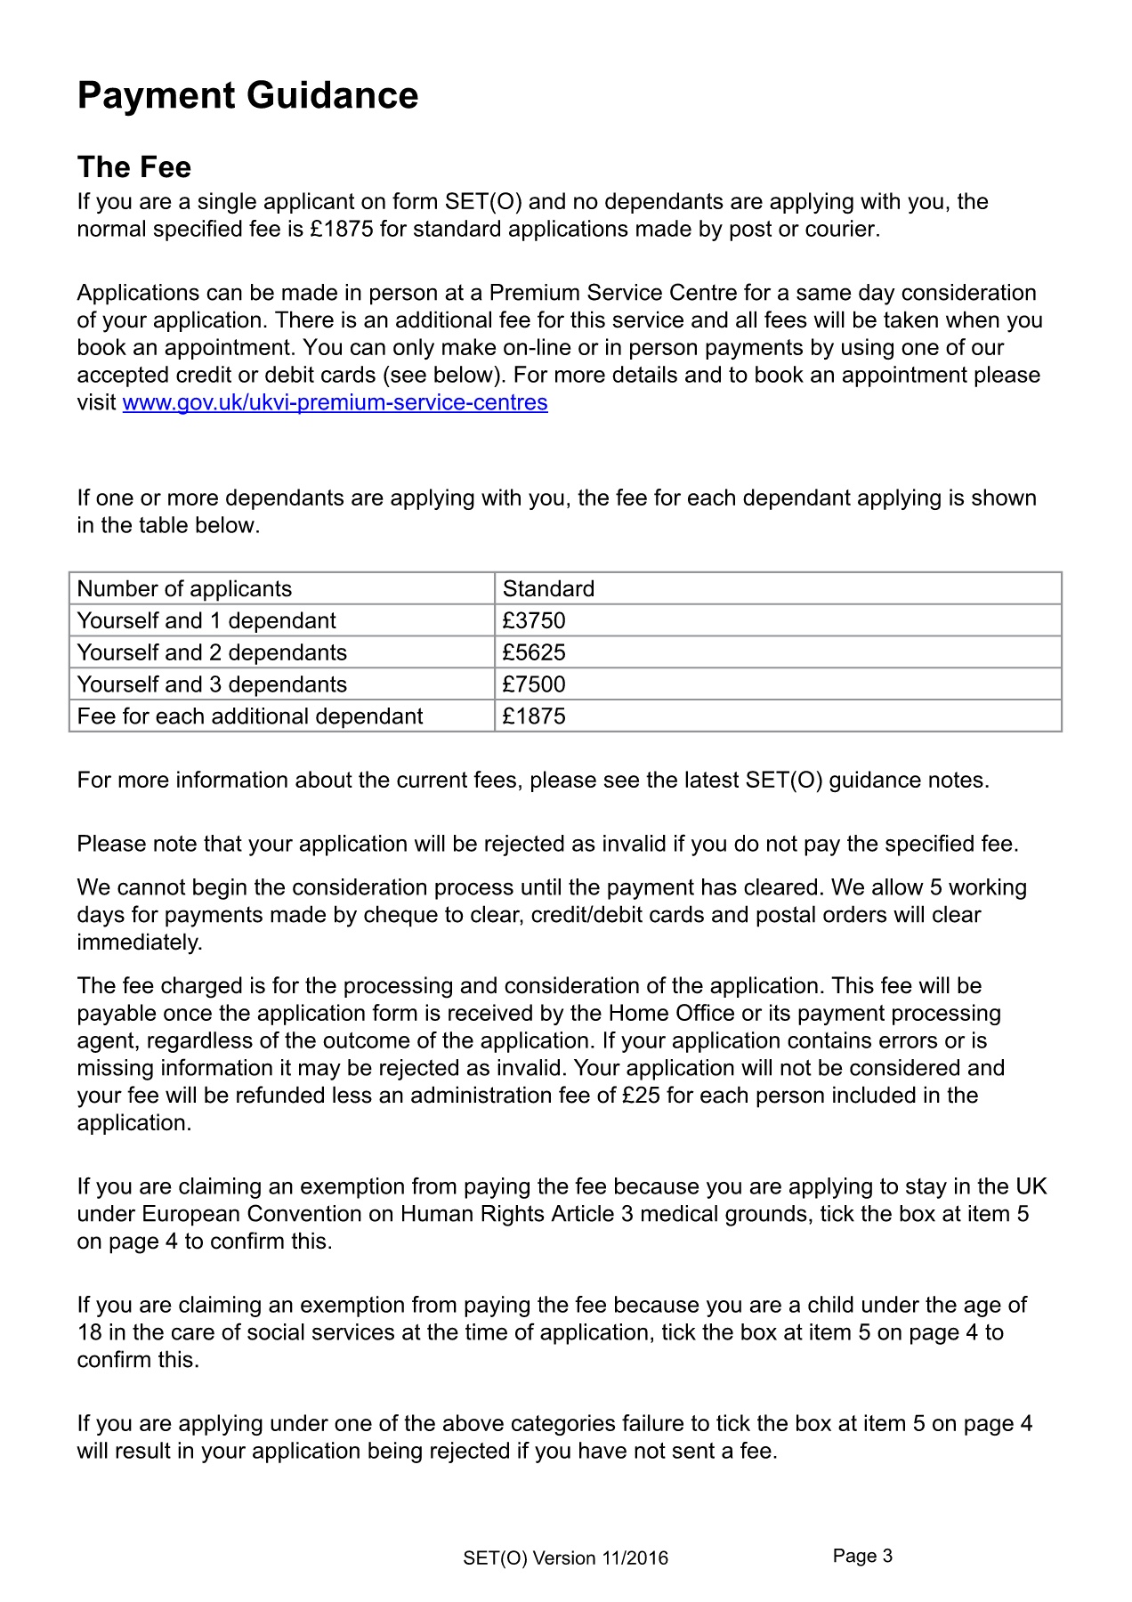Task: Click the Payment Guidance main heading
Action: point(247,96)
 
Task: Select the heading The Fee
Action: point(133,167)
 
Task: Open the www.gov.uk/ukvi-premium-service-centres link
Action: point(335,403)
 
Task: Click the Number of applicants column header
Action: point(184,589)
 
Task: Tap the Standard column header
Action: point(548,589)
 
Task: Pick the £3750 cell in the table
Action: point(534,621)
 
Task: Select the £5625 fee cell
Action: point(534,653)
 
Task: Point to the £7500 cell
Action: point(534,685)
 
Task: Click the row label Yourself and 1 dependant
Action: point(206,621)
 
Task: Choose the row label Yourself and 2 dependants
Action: point(212,653)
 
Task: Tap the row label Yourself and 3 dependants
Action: point(212,685)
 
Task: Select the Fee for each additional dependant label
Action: point(250,717)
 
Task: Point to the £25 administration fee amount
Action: point(641,1096)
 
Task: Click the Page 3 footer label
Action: point(862,1556)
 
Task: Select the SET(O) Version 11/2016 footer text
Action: point(565,1558)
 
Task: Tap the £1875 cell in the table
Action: point(534,717)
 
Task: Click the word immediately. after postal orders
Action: point(140,943)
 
